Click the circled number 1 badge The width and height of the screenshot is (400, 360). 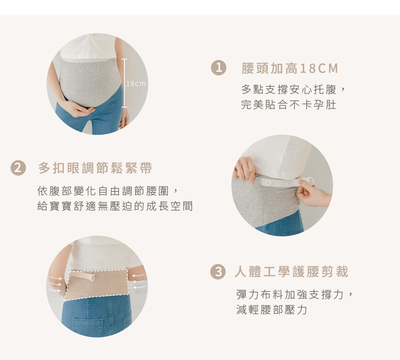(219, 68)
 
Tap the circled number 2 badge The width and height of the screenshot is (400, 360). (18, 168)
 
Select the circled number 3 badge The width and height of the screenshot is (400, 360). (218, 271)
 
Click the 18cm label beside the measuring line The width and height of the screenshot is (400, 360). (136, 83)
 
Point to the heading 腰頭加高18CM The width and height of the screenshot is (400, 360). (290, 68)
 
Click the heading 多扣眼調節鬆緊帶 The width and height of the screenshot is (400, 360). (95, 168)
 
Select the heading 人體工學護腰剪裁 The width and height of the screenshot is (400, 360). (291, 271)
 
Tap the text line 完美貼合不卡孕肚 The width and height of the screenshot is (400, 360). (289, 105)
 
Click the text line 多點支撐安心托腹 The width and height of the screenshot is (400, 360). (293, 89)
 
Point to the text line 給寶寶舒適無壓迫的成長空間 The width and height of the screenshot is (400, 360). (115, 206)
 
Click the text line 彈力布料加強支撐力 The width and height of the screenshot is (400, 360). (294, 295)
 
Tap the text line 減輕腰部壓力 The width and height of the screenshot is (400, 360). (271, 310)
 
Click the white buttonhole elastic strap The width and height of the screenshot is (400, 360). (287, 182)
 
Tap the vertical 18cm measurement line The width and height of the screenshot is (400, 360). (124, 83)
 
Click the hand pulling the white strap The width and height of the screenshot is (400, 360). (313, 192)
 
